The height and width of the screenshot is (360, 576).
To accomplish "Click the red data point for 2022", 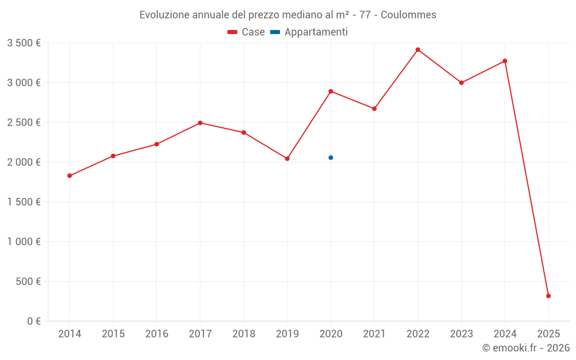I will coord(418,50).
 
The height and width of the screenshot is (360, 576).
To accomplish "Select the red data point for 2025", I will coord(548,296).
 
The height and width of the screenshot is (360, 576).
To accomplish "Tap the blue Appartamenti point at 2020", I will coord(331,158).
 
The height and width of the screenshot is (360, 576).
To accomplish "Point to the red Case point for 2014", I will coord(70,176).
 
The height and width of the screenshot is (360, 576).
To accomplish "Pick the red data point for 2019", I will coord(287,158).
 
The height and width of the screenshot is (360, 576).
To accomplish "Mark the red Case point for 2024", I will coord(505,61).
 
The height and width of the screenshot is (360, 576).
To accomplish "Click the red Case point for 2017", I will coord(200,123).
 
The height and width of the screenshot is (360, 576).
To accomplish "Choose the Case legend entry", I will coord(246,32).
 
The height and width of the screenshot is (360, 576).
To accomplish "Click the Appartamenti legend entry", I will coord(309,32).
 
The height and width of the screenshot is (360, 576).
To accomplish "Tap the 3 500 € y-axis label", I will coord(24,43).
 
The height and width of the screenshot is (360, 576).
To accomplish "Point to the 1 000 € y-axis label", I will coord(24,242).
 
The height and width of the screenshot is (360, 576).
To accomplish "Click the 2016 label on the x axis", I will coord(157,334).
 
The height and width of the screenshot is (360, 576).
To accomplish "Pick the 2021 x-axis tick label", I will coord(374,334).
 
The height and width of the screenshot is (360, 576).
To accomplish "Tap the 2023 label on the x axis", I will coord(461,334).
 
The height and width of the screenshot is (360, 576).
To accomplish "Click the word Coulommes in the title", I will coord(408,15).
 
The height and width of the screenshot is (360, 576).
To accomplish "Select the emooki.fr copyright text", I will coord(526,348).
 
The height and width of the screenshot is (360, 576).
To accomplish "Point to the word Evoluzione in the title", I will coord(163,15).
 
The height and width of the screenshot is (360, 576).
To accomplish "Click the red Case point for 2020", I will coord(331,91).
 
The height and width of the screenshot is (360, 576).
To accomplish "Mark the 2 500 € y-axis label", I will coord(24,122).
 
